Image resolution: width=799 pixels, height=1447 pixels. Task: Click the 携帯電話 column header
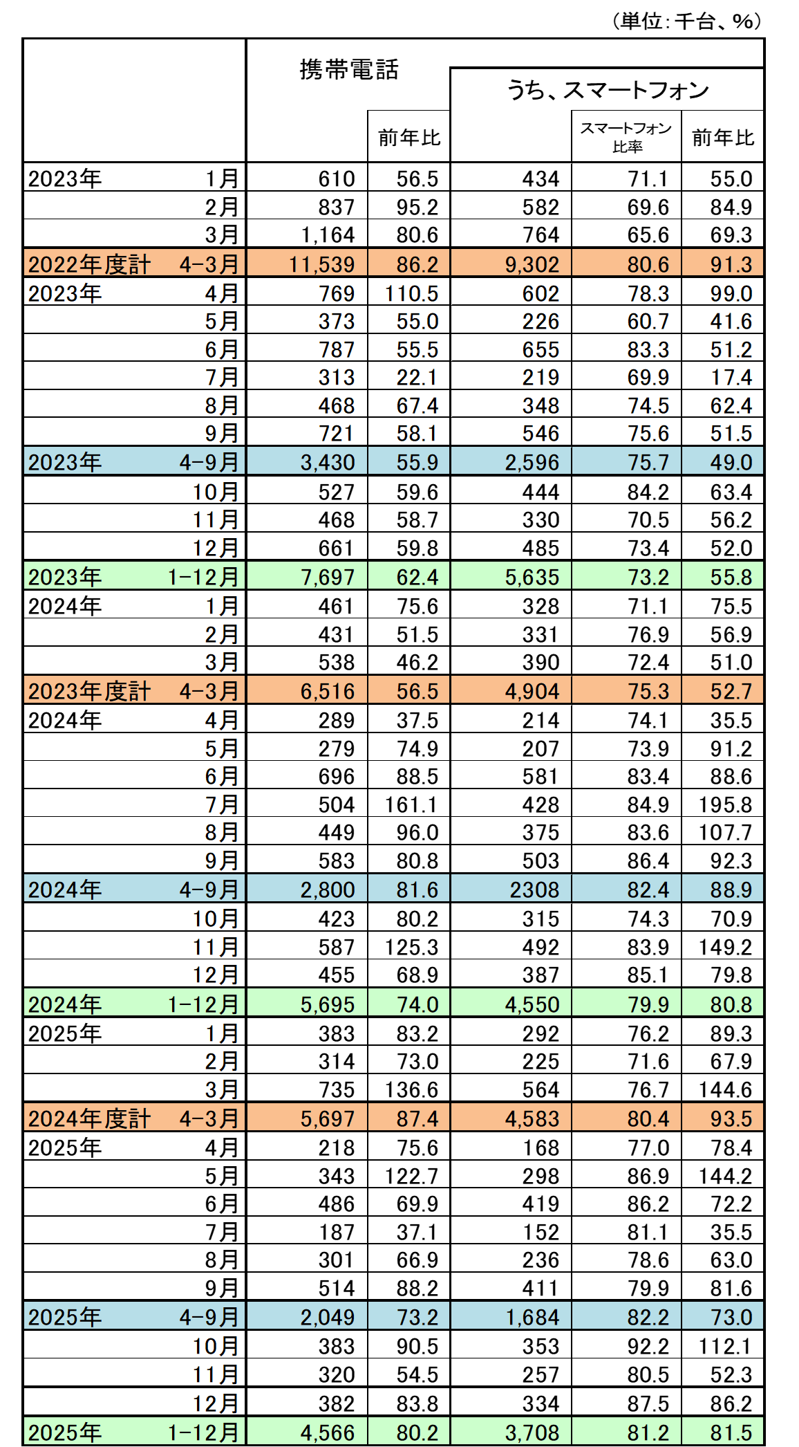point(349,70)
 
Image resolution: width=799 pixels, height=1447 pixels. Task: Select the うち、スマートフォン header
point(608,90)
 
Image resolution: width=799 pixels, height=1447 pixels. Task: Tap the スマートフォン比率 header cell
point(626,137)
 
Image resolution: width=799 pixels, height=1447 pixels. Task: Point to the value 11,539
point(328,264)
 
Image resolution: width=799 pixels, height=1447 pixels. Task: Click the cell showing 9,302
point(532,264)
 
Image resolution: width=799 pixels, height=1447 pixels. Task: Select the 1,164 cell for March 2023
point(328,234)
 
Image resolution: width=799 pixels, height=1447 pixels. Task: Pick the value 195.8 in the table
point(724,804)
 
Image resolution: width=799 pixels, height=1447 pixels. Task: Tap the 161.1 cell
point(411,804)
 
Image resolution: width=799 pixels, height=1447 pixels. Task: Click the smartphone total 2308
point(534,890)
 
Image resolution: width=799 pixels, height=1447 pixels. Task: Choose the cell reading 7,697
point(328,577)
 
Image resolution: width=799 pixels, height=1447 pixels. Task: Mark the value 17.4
point(731,377)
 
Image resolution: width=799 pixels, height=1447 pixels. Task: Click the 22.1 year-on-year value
point(417,377)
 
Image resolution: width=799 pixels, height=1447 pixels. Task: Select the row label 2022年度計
point(89,264)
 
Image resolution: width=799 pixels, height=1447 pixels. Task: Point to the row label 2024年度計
point(89,1118)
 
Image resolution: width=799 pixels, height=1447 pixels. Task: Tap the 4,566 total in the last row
point(328,1432)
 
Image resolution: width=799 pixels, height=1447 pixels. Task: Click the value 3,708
point(532,1432)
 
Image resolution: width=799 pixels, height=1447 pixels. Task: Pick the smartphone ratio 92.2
point(648,1346)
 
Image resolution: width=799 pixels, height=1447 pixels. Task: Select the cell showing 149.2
point(724,947)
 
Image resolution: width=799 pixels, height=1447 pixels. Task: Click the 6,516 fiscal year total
point(328,691)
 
